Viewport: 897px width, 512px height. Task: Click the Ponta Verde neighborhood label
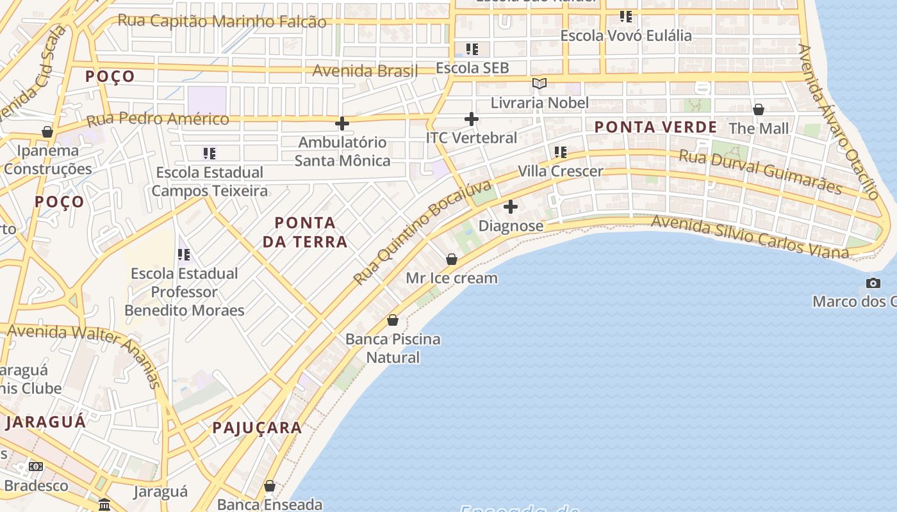click(655, 127)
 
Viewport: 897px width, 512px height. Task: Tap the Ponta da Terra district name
click(305, 232)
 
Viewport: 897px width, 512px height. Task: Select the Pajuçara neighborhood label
click(257, 428)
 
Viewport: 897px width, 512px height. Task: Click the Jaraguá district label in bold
click(45, 422)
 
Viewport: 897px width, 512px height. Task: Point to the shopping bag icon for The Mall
click(759, 109)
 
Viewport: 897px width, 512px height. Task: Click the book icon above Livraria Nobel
click(539, 83)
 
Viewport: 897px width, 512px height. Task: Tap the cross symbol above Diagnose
click(511, 207)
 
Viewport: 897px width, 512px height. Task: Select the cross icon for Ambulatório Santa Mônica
click(342, 123)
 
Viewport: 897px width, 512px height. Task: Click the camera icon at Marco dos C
click(873, 283)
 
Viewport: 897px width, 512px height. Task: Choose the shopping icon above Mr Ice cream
click(452, 259)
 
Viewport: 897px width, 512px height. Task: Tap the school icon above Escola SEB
click(472, 49)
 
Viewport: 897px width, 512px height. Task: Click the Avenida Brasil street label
click(365, 70)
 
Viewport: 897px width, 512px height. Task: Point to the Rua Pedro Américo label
click(158, 119)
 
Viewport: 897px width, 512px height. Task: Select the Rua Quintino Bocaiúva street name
click(423, 232)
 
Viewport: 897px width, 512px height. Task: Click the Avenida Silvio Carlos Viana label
click(750, 237)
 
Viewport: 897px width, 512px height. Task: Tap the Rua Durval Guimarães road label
click(760, 172)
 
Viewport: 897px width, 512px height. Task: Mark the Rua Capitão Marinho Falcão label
click(222, 21)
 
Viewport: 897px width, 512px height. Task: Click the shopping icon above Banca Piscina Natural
click(393, 320)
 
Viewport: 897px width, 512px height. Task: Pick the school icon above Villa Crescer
click(561, 152)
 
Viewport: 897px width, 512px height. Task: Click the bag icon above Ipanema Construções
click(47, 132)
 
